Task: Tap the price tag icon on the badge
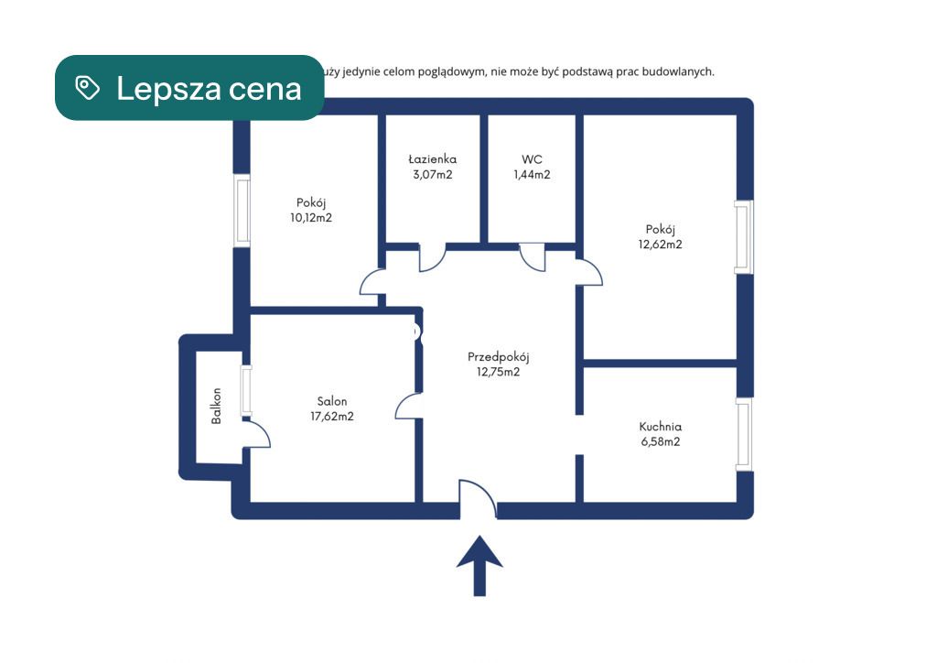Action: point(87,88)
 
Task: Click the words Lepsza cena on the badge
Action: point(209,89)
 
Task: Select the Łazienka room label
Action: point(432,159)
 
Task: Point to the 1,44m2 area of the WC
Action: point(532,175)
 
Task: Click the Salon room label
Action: point(331,401)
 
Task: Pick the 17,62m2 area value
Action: point(331,416)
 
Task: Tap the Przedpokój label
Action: point(499,357)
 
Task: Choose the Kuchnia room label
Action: point(661,426)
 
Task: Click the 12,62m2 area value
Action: point(660,244)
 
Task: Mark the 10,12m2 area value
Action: point(311,218)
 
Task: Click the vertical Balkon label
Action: point(216,406)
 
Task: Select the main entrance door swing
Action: point(478,497)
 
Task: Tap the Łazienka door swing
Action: point(433,257)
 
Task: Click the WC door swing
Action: point(533,257)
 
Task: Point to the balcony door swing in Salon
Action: point(257,433)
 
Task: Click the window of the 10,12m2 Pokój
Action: point(242,211)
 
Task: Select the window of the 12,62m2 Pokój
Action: point(744,237)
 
